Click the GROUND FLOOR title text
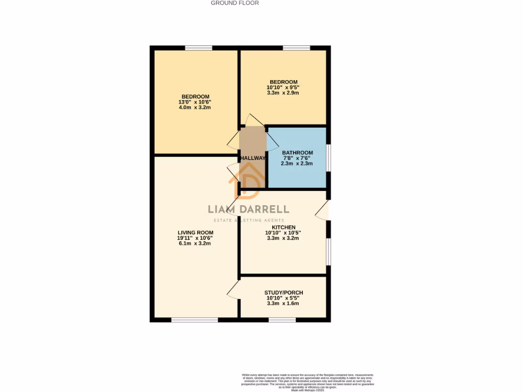point(235,3)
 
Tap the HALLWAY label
point(253,158)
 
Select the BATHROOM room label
point(297,152)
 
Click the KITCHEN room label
point(283,227)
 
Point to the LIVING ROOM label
point(196,232)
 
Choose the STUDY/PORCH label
point(282,292)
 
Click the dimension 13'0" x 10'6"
point(195,102)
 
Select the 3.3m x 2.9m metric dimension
point(282,93)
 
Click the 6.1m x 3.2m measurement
point(196,243)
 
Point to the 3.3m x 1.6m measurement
point(282,303)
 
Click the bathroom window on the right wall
point(328,158)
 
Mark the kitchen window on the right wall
point(328,252)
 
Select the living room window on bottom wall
point(195,320)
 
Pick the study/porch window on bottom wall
point(282,320)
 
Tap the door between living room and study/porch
point(232,290)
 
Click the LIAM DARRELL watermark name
point(248,209)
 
